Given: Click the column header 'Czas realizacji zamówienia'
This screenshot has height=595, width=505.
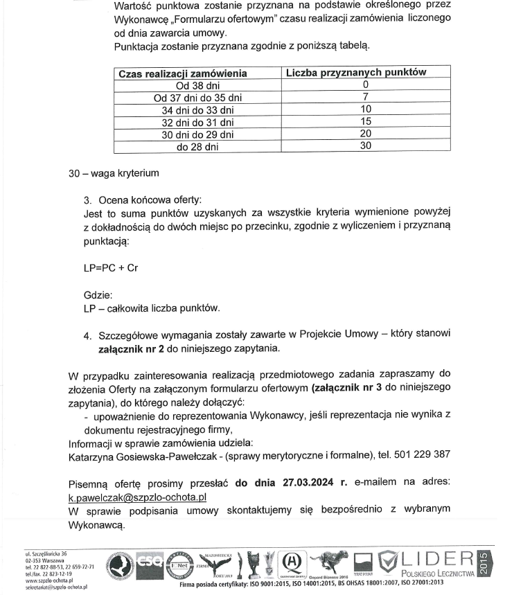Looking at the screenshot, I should (x=183, y=73).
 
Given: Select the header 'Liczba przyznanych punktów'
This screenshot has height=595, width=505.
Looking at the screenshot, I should (x=366, y=72).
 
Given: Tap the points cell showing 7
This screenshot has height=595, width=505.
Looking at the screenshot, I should (x=366, y=96).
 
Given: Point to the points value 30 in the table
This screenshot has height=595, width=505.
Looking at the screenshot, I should (x=366, y=146).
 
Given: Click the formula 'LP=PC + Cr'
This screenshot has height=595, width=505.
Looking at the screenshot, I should (x=110, y=266).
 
